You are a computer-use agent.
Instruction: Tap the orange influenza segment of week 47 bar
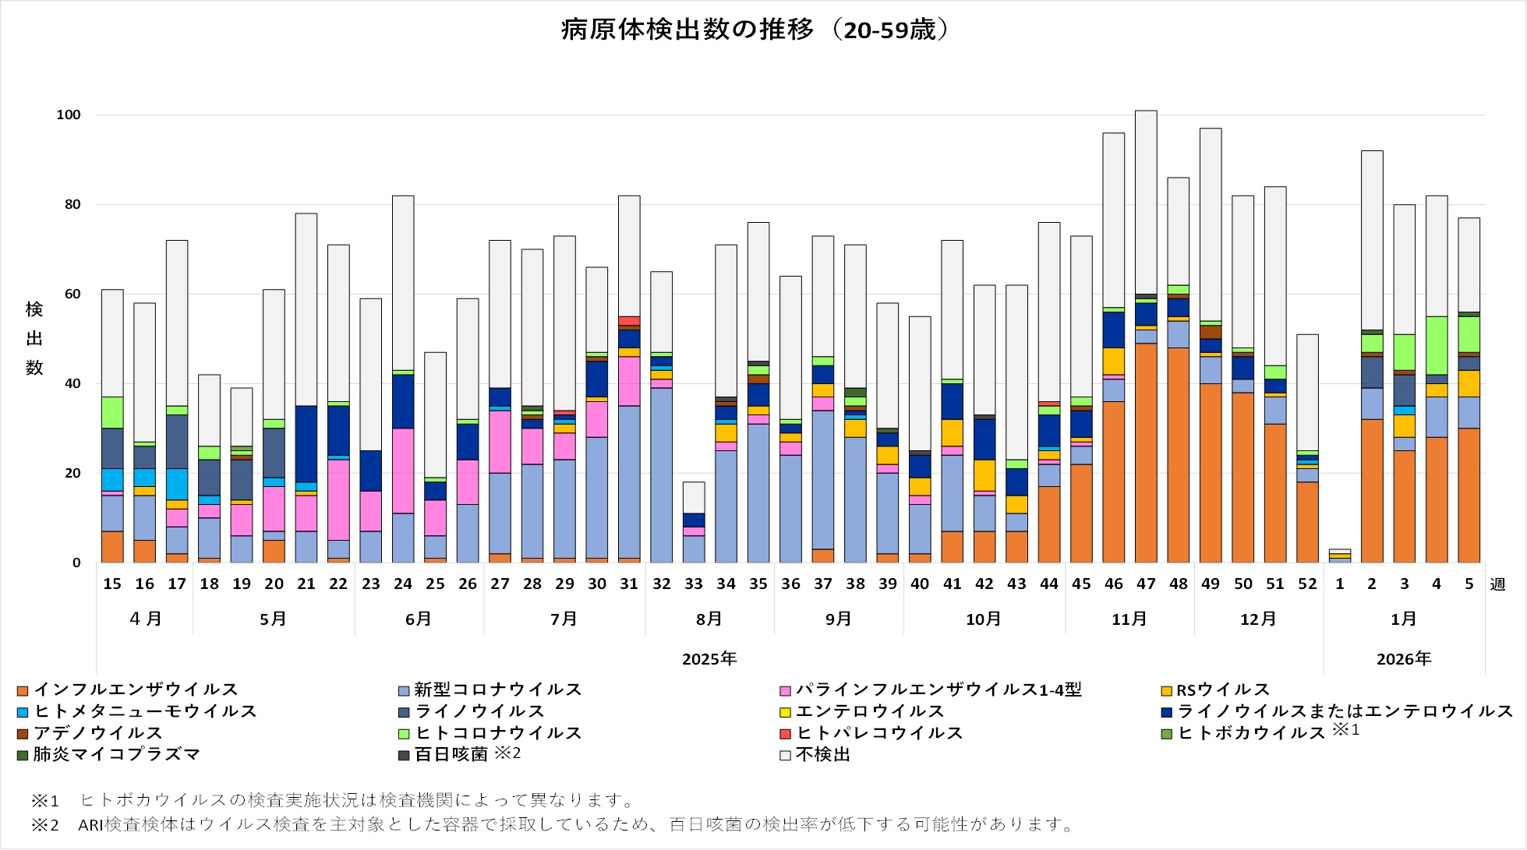1146,452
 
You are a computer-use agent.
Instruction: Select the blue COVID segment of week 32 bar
661,475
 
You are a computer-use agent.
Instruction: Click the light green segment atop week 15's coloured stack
112,412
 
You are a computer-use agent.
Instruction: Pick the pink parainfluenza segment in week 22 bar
338,499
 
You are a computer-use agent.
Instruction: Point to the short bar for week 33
694,522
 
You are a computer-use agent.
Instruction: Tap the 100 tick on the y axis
69,115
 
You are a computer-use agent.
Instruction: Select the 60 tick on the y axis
72,294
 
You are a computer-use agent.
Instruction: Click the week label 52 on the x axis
1307,584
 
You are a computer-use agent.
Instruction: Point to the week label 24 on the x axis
403,584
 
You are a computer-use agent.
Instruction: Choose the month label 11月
1129,619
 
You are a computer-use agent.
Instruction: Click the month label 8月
709,619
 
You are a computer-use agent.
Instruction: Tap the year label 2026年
1404,659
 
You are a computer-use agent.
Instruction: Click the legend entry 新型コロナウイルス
497,690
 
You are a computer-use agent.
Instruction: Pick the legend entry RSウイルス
1222,690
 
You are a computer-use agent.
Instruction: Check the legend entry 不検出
822,754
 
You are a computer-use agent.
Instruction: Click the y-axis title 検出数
34,338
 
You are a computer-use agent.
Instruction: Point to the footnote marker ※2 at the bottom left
44,824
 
